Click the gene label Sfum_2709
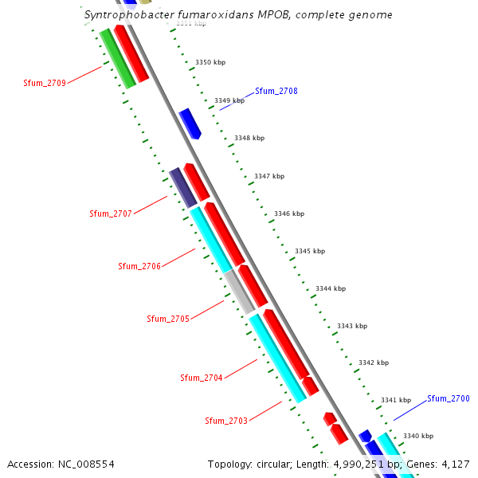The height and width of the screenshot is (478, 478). tap(45, 82)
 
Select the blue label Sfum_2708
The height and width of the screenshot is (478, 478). tap(276, 91)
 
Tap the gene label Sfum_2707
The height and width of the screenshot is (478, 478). tap(111, 214)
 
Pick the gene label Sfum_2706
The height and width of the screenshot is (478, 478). tap(139, 266)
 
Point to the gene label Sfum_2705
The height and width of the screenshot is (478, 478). tap(168, 319)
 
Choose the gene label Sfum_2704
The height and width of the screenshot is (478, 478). tap(202, 378)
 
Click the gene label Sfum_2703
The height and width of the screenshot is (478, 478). tap(226, 421)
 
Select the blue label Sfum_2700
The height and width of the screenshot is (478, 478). tap(449, 398)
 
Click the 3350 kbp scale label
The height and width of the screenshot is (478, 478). tap(210, 61)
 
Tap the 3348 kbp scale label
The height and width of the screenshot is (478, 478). tap(249, 138)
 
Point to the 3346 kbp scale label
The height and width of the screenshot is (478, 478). tap(288, 214)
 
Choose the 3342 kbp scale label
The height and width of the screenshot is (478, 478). tap(374, 362)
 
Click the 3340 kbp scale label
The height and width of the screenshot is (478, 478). tap(418, 436)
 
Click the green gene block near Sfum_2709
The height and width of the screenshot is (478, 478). tap(117, 58)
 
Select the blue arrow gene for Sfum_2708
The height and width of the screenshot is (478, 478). tap(190, 123)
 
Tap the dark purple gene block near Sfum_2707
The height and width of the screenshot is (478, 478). tap(182, 188)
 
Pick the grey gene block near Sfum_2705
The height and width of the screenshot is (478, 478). tap(239, 291)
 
